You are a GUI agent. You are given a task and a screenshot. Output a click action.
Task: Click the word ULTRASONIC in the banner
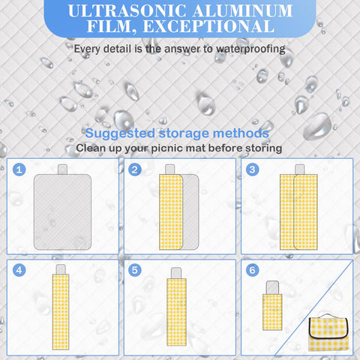(x=127, y=10)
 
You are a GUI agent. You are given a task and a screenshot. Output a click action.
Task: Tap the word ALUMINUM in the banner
(x=242, y=10)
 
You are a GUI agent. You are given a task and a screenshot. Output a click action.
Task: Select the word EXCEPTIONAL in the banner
(x=208, y=26)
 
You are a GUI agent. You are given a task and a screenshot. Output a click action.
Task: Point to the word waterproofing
(x=250, y=49)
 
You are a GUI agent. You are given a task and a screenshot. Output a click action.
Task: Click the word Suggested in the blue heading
(x=120, y=133)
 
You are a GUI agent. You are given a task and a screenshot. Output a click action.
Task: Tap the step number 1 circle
(x=19, y=169)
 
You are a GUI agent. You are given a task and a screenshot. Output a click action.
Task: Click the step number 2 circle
(x=135, y=169)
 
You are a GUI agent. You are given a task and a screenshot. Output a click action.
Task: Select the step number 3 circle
(x=252, y=169)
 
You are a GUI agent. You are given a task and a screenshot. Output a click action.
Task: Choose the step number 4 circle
(x=19, y=270)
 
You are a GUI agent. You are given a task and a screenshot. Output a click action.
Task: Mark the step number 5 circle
(x=135, y=270)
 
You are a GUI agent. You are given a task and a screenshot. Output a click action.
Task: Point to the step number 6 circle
(x=252, y=270)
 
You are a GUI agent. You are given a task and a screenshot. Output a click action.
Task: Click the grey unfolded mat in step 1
(x=62, y=212)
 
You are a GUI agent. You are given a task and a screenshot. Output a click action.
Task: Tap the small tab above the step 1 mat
(x=62, y=169)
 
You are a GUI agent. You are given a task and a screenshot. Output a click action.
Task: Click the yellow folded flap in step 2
(x=171, y=212)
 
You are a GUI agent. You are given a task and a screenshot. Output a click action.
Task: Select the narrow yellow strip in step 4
(x=61, y=312)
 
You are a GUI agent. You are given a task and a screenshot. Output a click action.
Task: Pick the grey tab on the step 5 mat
(x=176, y=273)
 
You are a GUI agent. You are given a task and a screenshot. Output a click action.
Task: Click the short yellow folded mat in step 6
(x=272, y=312)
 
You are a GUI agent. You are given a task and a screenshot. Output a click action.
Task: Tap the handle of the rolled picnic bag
(x=328, y=316)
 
